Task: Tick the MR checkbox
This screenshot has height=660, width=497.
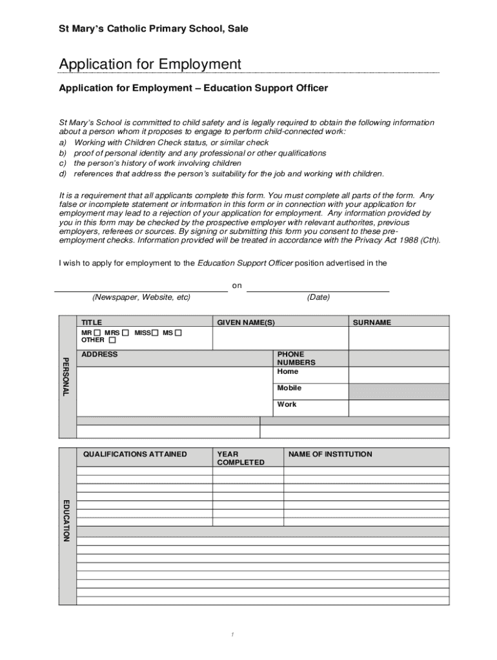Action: coord(97,333)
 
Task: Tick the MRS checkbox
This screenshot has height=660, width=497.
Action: coord(125,333)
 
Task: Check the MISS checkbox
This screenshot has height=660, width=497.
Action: coord(155,333)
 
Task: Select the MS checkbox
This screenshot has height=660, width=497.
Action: coord(179,333)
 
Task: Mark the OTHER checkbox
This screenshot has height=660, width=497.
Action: coord(112,340)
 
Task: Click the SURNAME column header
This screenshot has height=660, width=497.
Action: coord(371,322)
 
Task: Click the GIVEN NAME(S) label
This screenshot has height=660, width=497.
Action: coord(246,322)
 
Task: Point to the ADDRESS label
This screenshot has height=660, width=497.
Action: coord(99,354)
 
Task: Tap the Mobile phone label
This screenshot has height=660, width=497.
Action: coord(289,388)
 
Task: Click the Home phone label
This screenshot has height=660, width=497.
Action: coord(288,371)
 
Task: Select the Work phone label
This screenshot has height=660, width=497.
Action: coord(287,404)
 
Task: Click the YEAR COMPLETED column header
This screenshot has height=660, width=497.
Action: coord(240,458)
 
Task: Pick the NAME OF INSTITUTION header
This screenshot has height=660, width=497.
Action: coord(330,454)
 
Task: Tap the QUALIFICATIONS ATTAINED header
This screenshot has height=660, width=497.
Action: coord(135,454)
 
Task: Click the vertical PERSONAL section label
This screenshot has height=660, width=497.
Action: coord(66,376)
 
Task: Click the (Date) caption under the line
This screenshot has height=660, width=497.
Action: coord(318,297)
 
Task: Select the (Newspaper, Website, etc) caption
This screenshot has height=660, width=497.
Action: coord(141,297)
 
